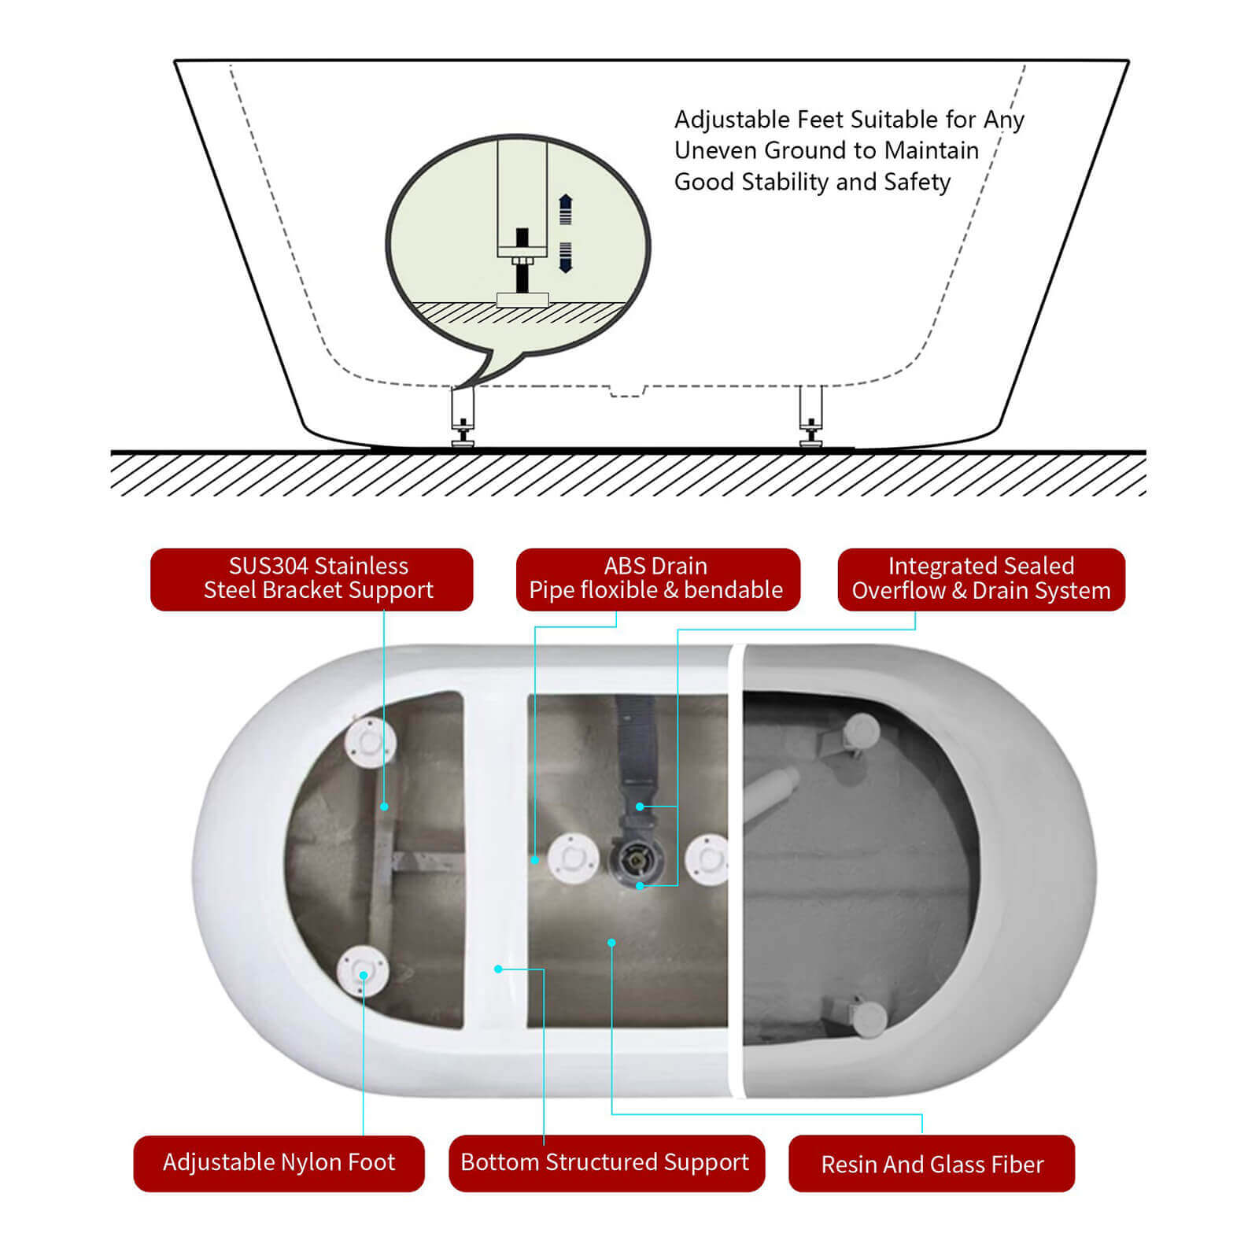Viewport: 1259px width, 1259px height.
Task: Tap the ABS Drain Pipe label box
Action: pos(658,579)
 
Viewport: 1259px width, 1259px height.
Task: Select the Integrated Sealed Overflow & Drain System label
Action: pos(981,579)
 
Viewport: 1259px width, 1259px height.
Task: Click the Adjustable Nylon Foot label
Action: pos(279,1163)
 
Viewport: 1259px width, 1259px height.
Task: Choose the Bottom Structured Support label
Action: pos(606,1163)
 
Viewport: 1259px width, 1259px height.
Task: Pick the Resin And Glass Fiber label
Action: pos(932,1164)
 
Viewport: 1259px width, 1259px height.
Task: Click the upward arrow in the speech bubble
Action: pos(565,209)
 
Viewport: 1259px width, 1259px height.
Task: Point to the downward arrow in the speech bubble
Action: pos(565,258)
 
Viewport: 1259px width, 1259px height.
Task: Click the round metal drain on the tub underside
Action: pos(636,861)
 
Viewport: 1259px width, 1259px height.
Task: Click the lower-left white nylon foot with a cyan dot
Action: pos(363,973)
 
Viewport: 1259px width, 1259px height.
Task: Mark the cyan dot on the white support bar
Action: pos(498,969)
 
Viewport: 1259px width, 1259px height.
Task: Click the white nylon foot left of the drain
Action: pos(573,858)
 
